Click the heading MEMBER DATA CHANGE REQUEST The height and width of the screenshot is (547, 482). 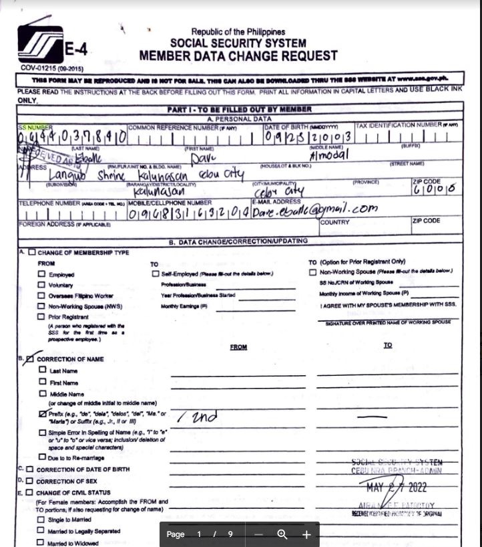pyautogui.click(x=238, y=56)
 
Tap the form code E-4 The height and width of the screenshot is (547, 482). pyautogui.click(x=76, y=49)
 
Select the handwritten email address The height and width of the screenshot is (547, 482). pyautogui.click(x=314, y=209)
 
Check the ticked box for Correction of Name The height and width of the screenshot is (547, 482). pyautogui.click(x=29, y=359)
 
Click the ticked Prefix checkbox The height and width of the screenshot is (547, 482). pyautogui.click(x=42, y=415)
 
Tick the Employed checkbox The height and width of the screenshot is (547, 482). pyautogui.click(x=42, y=275)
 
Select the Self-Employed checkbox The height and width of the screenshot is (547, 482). pyautogui.click(x=156, y=273)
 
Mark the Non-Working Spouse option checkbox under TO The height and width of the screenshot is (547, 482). pyautogui.click(x=312, y=271)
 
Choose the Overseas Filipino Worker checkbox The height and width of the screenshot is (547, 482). pyautogui.click(x=42, y=296)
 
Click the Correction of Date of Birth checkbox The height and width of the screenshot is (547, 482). pyautogui.click(x=29, y=469)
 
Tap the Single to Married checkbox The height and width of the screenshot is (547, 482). pyautogui.click(x=42, y=520)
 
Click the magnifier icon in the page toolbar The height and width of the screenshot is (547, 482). pyautogui.click(x=282, y=534)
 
